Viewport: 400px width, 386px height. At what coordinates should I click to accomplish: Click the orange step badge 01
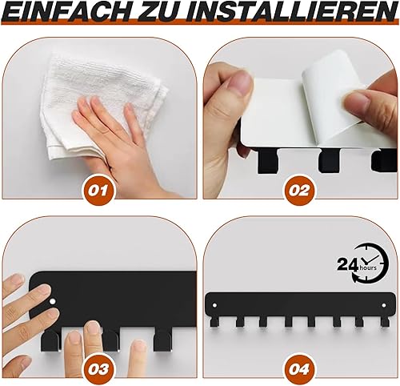point(98,190)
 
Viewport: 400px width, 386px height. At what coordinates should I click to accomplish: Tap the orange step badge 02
point(299,190)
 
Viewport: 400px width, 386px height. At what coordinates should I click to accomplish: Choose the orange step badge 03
point(98,369)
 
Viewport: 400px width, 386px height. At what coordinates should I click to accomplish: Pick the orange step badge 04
point(299,369)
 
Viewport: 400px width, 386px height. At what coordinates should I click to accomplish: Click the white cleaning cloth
point(102,107)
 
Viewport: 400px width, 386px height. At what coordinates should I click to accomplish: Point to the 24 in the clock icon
point(347,264)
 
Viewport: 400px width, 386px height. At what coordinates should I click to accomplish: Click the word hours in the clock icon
point(368,267)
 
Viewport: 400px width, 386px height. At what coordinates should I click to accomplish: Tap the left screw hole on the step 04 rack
point(214,305)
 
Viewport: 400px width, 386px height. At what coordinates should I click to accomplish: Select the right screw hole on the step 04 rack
point(384,305)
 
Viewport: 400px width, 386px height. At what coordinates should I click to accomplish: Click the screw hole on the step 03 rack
point(53,302)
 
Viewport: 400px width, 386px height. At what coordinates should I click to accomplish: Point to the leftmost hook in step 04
point(214,322)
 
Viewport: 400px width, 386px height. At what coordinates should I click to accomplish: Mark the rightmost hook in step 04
point(385,322)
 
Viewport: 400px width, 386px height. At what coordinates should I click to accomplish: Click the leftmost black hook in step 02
point(267,162)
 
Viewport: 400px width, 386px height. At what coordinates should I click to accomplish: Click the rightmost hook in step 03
point(162,340)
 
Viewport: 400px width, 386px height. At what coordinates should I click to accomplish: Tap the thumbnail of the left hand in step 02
point(242,82)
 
